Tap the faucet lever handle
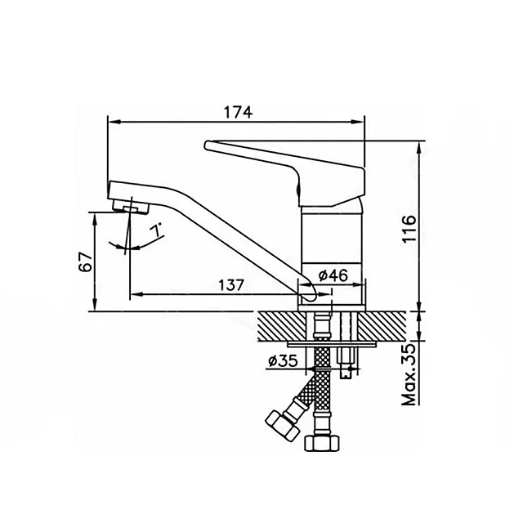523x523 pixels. click(286, 163)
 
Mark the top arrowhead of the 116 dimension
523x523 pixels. click(420, 146)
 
